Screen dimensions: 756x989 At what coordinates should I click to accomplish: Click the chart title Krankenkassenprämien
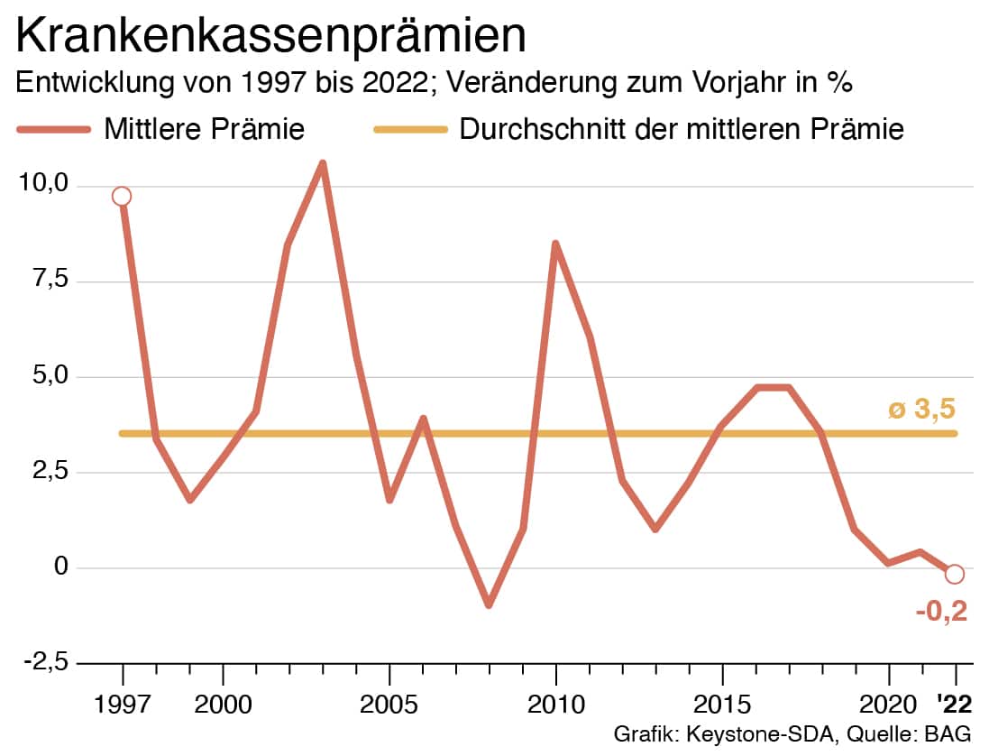tap(271, 35)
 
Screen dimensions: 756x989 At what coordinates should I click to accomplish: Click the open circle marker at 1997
tap(122, 197)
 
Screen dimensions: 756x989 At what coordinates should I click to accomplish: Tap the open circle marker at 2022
tap(956, 574)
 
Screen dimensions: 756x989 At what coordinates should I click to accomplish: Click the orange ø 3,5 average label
tap(921, 410)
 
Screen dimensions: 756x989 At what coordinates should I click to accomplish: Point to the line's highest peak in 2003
tap(323, 164)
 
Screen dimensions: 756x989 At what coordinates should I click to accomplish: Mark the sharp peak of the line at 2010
tap(555, 244)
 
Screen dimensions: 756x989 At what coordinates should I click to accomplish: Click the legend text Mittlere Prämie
tap(205, 129)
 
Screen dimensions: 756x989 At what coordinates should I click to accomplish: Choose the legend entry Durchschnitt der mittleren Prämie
tap(682, 129)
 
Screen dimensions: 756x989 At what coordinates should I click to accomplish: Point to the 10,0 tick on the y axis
tap(44, 184)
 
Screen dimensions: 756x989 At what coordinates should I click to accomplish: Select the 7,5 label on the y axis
tap(50, 281)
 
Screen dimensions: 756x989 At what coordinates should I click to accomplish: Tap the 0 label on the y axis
tap(62, 567)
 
